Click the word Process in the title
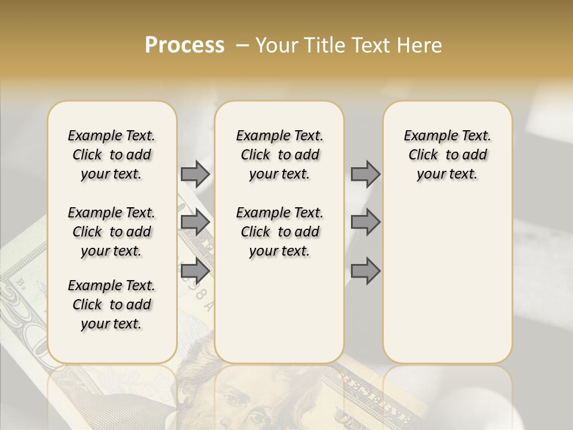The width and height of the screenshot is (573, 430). [184, 45]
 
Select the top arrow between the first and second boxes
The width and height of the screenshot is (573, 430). [195, 174]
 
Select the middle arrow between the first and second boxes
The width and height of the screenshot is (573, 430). [195, 222]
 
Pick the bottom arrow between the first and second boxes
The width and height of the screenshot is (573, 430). [195, 271]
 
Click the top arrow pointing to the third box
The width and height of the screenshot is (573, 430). [365, 174]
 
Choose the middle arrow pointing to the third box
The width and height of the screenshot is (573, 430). [365, 222]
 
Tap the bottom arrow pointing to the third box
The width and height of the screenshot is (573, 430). [365, 271]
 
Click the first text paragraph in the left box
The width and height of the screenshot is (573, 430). [112, 155]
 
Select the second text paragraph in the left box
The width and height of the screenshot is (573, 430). [112, 232]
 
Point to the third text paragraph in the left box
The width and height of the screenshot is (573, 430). [112, 305]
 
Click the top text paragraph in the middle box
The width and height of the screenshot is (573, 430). [279, 155]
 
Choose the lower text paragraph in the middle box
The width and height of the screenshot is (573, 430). [279, 232]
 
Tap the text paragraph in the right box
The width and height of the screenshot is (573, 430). [447, 155]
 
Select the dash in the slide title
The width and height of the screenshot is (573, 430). [242, 45]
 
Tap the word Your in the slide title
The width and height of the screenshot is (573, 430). [276, 45]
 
